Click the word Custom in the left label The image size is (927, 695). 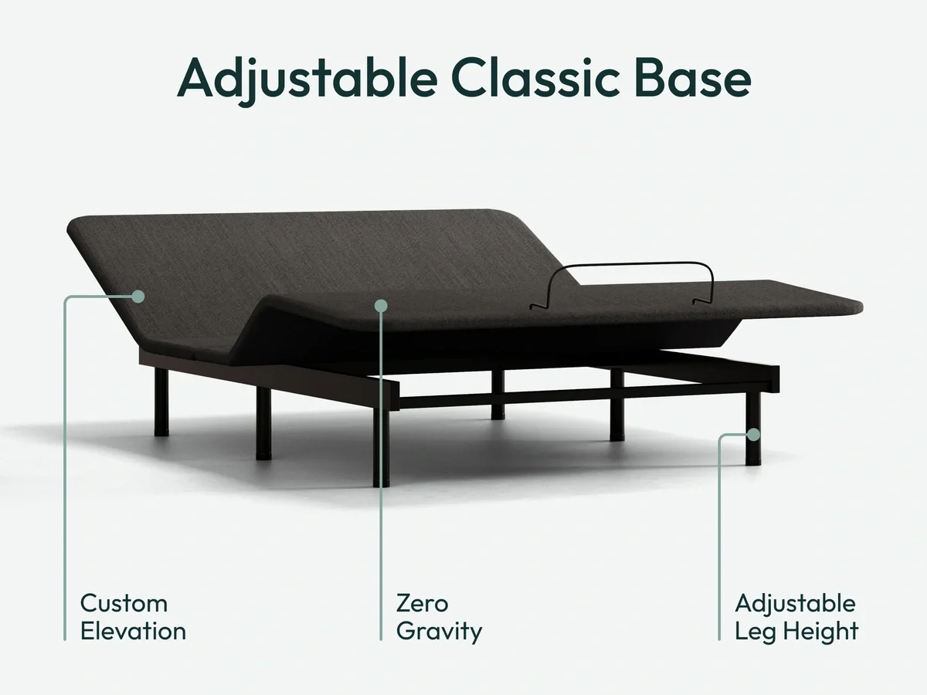pyautogui.click(x=124, y=603)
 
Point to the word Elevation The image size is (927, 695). pyautogui.click(x=133, y=631)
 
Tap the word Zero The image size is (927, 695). pyautogui.click(x=422, y=603)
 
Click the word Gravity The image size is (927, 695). pyautogui.click(x=439, y=632)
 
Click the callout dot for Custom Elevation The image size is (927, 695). pyautogui.click(x=138, y=296)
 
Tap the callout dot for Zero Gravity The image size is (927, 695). pyautogui.click(x=380, y=306)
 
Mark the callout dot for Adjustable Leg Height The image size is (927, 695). pyautogui.click(x=753, y=435)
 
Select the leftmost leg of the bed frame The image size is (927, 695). pyautogui.click(x=161, y=402)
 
